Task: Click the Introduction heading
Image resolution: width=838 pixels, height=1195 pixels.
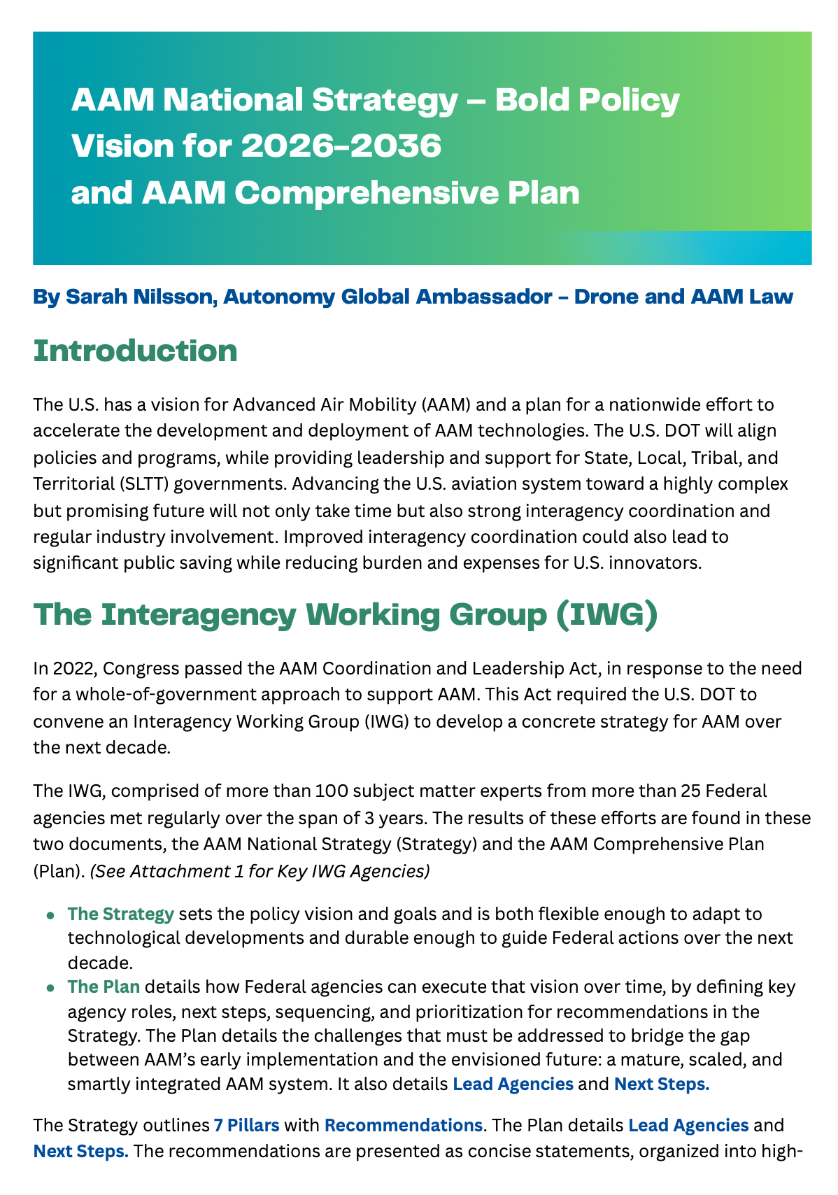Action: coord(135,351)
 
